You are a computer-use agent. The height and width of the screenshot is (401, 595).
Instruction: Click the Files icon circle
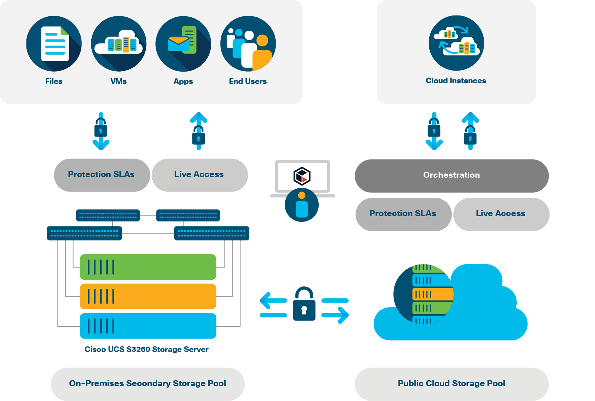pos(54,44)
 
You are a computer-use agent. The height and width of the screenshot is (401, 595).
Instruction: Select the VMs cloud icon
pos(119,44)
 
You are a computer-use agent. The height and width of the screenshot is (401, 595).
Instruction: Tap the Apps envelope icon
pos(183,44)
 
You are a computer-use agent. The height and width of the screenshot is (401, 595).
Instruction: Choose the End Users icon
pos(248,44)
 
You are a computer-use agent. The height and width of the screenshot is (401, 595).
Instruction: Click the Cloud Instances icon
pos(456,43)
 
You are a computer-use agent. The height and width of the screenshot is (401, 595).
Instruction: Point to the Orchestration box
pos(452,176)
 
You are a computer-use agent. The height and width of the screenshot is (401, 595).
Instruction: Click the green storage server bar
pos(148,267)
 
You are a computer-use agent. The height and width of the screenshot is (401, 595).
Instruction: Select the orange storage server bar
pos(148,296)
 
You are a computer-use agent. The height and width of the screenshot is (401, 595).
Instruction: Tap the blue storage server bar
pos(148,326)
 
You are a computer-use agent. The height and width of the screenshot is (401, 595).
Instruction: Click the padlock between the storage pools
pos(304,305)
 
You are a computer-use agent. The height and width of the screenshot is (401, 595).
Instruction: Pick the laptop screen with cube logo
pos(302,176)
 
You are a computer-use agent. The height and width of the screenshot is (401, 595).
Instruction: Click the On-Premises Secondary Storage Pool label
pos(148,384)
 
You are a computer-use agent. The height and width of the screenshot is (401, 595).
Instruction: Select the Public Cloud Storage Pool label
pos(452,384)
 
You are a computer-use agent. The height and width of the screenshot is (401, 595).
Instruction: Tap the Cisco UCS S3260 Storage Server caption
pos(147,350)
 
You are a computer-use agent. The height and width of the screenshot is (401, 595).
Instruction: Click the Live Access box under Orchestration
pos(501,214)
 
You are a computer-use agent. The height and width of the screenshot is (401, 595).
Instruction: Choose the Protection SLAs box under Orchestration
pos(403,214)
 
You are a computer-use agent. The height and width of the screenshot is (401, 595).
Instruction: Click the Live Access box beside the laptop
pos(200,175)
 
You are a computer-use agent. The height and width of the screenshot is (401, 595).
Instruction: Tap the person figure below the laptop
pos(302,205)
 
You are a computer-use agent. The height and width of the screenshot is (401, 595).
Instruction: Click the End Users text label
pos(248,81)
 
